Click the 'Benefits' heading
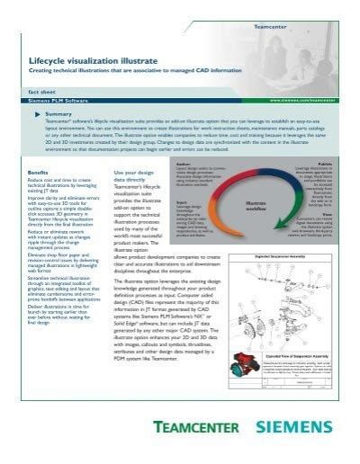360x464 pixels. pos(39,172)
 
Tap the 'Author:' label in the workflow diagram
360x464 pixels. pos(184,165)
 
